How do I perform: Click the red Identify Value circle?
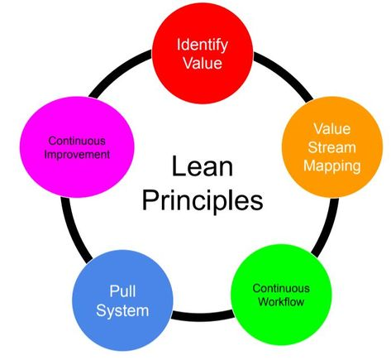pyautogui.click(x=203, y=54)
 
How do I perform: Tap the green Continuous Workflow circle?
pyautogui.click(x=281, y=295)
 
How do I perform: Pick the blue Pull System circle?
pyautogui.click(x=122, y=300)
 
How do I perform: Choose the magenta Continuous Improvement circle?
pyautogui.click(x=77, y=147)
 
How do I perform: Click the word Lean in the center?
pyautogui.click(x=203, y=166)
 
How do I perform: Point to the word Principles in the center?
pyautogui.click(x=203, y=201)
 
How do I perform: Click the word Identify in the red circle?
pyautogui.click(x=203, y=45)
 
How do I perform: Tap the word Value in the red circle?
pyautogui.click(x=203, y=63)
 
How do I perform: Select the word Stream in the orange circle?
pyautogui.click(x=332, y=147)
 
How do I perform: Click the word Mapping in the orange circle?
pyautogui.click(x=332, y=166)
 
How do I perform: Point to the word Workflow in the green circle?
pyautogui.click(x=281, y=301)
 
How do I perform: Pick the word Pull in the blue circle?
pyautogui.click(x=122, y=291)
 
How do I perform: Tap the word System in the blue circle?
pyautogui.click(x=122, y=310)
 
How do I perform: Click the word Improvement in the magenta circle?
pyautogui.click(x=77, y=154)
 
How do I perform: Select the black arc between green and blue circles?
pyautogui.click(x=203, y=316)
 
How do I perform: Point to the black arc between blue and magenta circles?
pyautogui.click(x=74, y=230)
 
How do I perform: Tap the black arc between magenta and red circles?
pyautogui.click(x=118, y=71)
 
